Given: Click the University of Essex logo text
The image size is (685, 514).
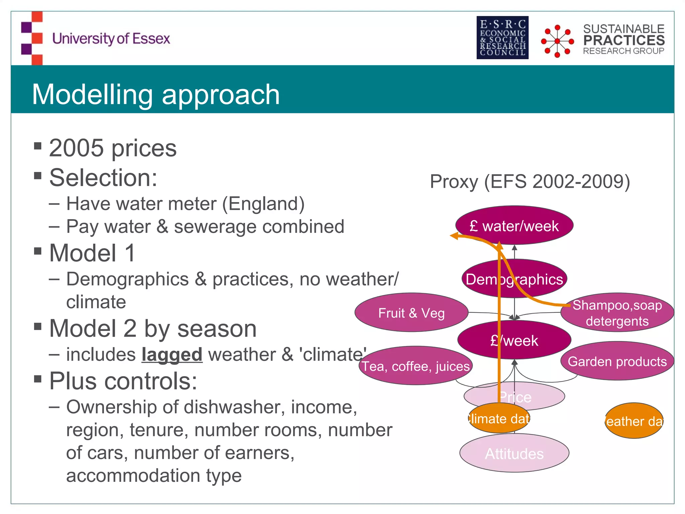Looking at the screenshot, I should pos(111,38).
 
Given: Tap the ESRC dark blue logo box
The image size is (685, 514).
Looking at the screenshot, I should pos(502,37).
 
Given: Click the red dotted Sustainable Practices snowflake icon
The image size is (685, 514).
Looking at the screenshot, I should pos(557,41).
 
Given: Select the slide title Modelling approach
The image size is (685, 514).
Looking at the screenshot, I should pos(156,94).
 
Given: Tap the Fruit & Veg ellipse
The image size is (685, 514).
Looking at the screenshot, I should pos(411,313).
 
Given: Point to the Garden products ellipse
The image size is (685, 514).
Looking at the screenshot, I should pos(617,361).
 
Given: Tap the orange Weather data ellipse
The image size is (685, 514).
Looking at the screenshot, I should pos(634,421).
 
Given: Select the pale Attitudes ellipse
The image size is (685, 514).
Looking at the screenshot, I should pos(514,454).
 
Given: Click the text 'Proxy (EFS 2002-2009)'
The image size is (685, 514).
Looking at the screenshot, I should pos(530,181).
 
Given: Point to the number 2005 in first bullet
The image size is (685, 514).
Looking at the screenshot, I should pos(76,148).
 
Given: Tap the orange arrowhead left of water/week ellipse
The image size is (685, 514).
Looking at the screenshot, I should pos(454,236).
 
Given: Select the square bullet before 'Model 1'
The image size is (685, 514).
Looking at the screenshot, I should pos(38,251).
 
